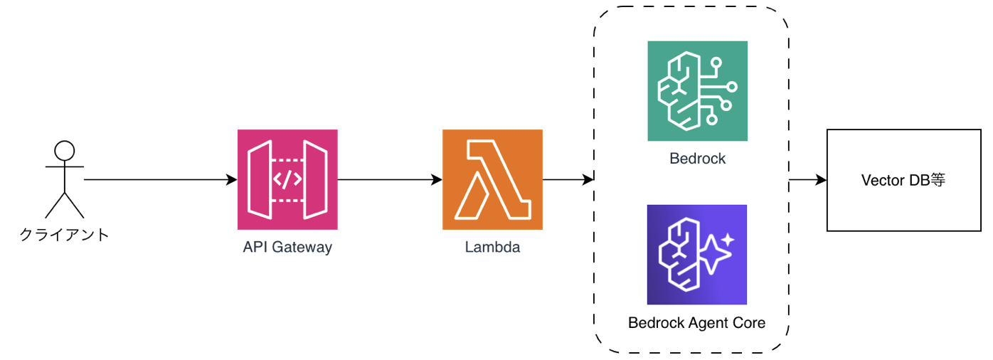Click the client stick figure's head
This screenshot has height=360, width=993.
65,151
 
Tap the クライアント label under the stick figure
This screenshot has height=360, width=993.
64,234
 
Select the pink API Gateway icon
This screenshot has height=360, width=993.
287,179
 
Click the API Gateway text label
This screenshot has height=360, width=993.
287,248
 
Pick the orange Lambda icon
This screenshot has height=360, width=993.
492,179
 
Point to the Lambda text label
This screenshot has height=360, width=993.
492,248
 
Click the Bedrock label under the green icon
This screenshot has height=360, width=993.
697,159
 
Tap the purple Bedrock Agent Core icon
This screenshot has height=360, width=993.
696,255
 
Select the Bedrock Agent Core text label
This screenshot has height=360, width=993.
696,323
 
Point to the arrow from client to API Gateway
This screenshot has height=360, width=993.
160,180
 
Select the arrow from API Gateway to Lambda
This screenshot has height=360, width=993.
390,180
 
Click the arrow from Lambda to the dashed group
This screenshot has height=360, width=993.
568,180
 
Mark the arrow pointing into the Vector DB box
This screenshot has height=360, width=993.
808,180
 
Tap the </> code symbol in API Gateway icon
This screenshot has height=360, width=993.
287,180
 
